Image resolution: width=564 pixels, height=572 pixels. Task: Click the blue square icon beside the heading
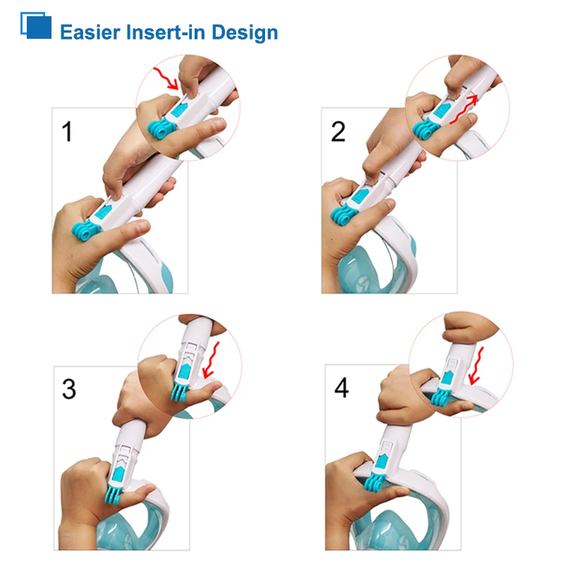point(36,25)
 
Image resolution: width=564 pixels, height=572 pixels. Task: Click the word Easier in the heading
point(90,32)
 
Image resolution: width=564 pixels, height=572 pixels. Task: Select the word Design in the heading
point(245,33)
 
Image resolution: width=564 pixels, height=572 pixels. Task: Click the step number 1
point(67,131)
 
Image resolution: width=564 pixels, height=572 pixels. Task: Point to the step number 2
point(338,131)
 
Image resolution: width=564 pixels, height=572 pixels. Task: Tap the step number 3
point(69,389)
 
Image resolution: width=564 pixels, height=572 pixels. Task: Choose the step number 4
point(341,387)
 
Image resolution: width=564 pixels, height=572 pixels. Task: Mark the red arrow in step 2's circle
point(464,110)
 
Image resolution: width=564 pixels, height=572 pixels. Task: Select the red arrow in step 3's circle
point(211,360)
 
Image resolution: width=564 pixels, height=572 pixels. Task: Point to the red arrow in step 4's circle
point(476,366)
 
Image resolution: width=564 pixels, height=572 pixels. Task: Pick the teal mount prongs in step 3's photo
point(116,494)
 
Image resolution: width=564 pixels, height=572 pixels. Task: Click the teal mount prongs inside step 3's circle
point(180,391)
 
